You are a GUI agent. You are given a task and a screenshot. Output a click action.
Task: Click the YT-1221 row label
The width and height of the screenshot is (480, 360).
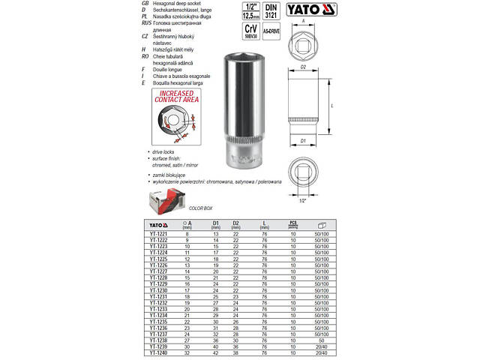(x=158, y=235)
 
